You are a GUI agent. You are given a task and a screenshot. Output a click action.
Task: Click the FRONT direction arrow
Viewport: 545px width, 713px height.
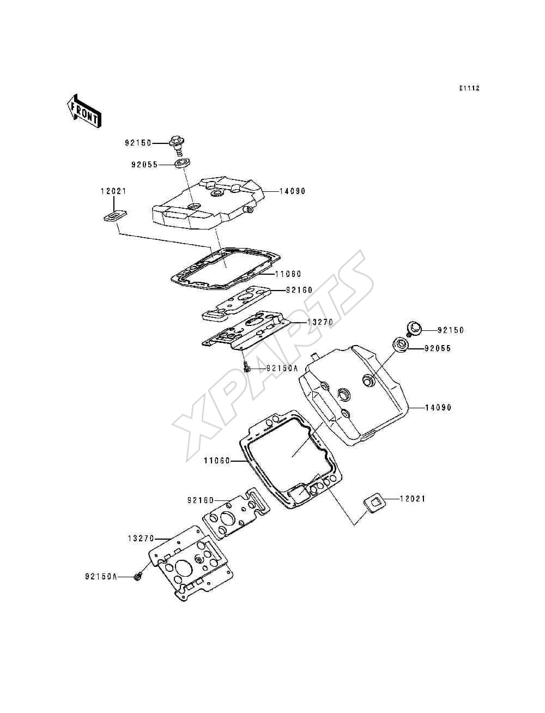point(84,111)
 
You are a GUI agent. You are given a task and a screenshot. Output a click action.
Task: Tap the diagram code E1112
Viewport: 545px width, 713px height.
point(469,88)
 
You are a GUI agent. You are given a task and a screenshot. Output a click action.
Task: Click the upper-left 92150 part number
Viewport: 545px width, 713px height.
point(138,143)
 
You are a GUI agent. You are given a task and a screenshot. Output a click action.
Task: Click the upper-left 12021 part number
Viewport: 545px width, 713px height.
point(113,191)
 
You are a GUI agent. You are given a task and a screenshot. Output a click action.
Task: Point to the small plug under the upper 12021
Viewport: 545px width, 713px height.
point(115,216)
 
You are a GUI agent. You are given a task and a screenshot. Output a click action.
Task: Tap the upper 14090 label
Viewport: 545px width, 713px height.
point(292,191)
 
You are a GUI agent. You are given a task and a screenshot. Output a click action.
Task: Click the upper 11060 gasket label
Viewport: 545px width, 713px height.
point(288,274)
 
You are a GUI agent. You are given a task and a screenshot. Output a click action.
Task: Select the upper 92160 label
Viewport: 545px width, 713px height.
point(299,290)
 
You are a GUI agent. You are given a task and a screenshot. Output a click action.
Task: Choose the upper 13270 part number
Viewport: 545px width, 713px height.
point(320,322)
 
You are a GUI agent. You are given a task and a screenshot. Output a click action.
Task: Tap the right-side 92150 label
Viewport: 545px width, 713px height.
point(451,330)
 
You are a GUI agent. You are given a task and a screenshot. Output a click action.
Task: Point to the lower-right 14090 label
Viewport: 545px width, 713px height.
point(438,407)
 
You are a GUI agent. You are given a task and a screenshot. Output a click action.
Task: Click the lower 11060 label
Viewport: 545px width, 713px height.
point(217,461)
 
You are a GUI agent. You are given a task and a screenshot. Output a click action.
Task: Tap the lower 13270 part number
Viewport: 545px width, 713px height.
point(141,539)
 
